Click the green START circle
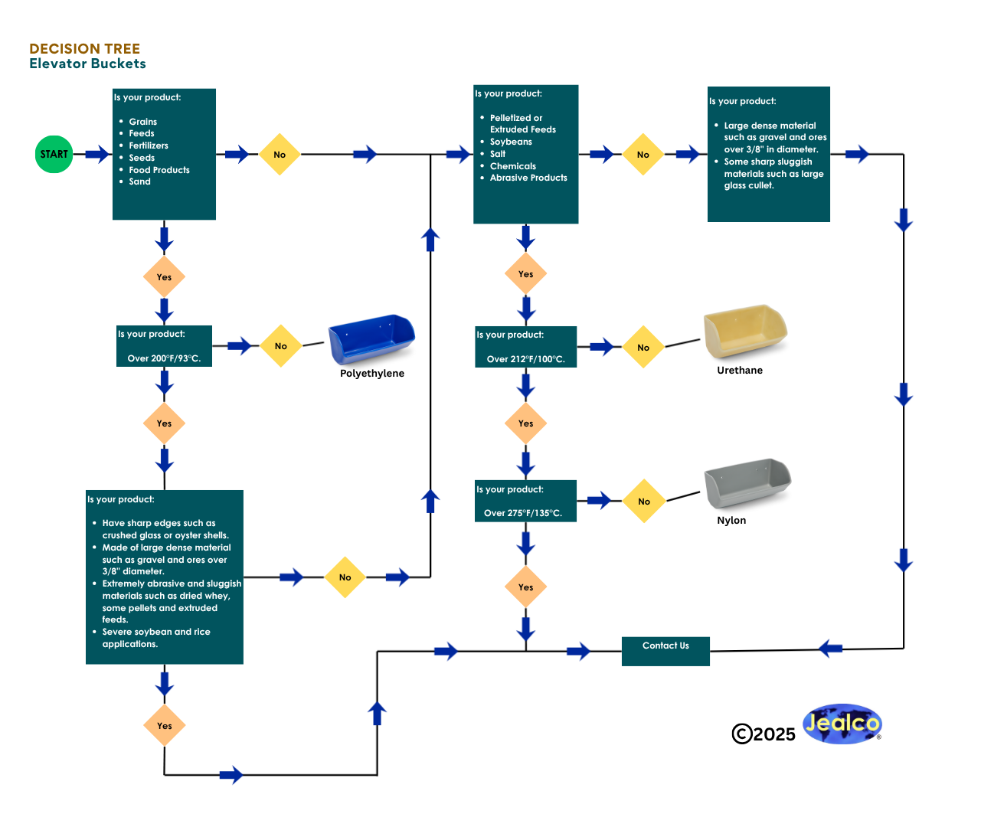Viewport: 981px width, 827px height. pos(54,154)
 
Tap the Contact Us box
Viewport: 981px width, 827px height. pos(665,651)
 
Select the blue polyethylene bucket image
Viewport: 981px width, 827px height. pos(371,339)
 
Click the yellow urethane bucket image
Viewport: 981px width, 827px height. pos(745,332)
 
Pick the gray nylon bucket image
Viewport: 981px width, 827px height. pos(747,483)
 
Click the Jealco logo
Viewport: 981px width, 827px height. pos(842,724)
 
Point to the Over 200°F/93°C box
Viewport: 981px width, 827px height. pos(164,347)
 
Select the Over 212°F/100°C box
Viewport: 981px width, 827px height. pos(525,347)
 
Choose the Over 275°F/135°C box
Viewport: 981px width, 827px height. pos(525,502)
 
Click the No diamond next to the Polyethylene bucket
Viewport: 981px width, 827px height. pos(281,346)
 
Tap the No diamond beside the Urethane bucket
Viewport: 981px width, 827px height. pos(643,347)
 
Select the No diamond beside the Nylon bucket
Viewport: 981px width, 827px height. pos(644,502)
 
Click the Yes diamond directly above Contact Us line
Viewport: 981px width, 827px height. pos(525,587)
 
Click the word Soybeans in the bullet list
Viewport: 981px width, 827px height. pos(511,142)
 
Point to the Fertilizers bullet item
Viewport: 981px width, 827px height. pos(149,145)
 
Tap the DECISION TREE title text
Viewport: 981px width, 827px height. pos(84,49)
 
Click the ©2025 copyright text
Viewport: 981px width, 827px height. pos(764,734)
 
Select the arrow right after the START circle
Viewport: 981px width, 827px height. pos(96,154)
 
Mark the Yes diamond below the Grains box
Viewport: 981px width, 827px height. pos(164,277)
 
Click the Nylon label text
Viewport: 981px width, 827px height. pos(731,521)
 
